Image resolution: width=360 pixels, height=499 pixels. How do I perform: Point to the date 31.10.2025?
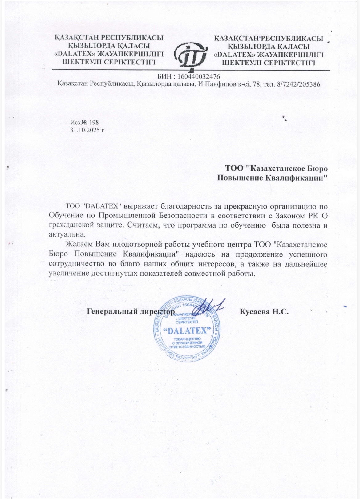point(85,130)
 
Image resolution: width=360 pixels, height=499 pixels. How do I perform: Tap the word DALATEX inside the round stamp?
point(188,331)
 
